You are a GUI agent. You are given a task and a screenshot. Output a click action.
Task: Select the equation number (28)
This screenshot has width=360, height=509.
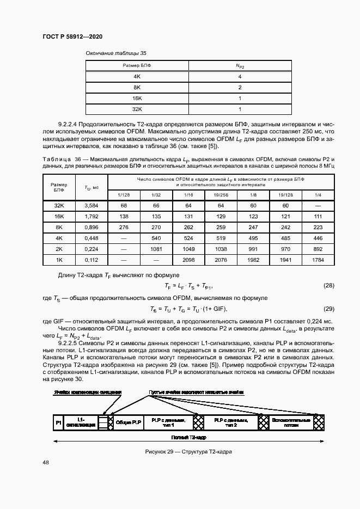coord(328,285)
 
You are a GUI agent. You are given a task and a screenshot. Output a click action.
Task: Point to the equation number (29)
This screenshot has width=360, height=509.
coord(328,309)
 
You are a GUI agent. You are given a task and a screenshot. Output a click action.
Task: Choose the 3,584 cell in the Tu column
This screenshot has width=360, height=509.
coord(91,205)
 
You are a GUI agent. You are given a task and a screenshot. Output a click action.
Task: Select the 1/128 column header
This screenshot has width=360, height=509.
coord(124,194)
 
